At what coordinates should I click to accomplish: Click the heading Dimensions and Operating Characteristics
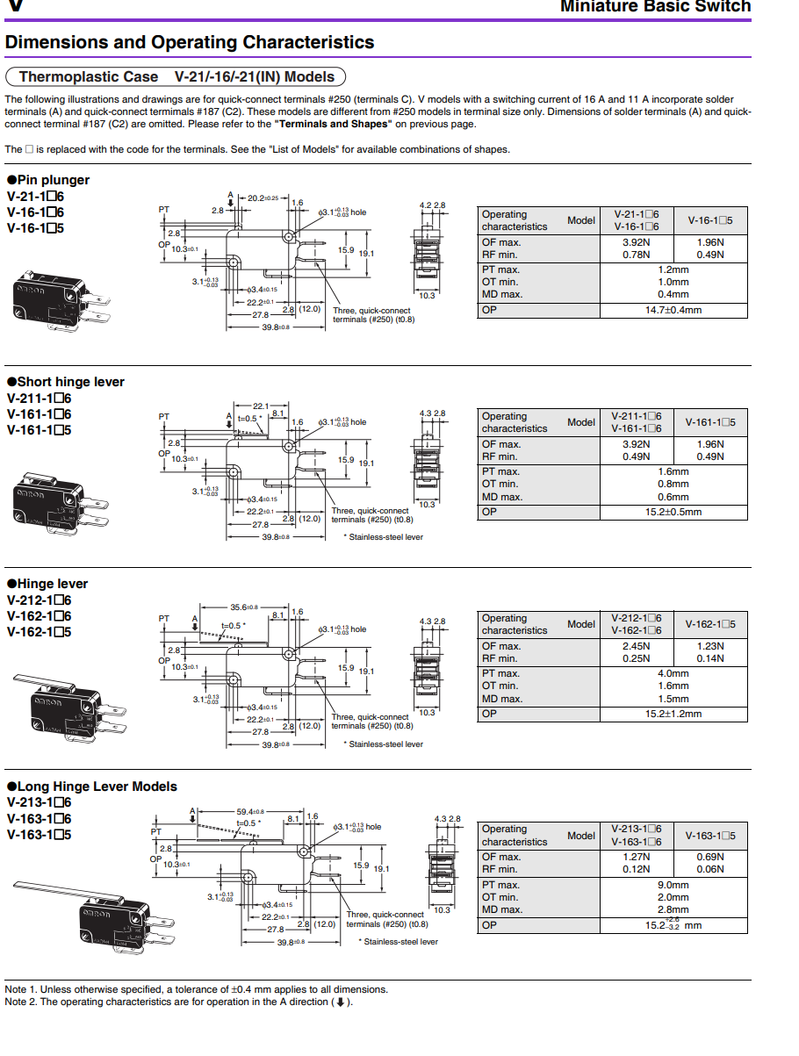click(x=190, y=42)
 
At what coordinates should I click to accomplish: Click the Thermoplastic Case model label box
click(x=176, y=76)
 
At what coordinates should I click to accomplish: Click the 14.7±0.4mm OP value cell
click(x=673, y=310)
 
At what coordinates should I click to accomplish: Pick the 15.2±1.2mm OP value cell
click(x=673, y=714)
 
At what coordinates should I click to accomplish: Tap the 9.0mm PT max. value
click(x=673, y=885)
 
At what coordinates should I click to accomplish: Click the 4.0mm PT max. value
click(x=673, y=673)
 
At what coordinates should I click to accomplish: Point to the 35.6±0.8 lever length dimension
click(x=244, y=607)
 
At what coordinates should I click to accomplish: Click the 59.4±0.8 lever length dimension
click(x=250, y=812)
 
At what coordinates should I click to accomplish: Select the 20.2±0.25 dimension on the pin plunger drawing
click(x=263, y=198)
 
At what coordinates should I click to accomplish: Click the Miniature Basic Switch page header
click(x=655, y=7)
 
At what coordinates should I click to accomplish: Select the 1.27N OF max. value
click(x=636, y=857)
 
